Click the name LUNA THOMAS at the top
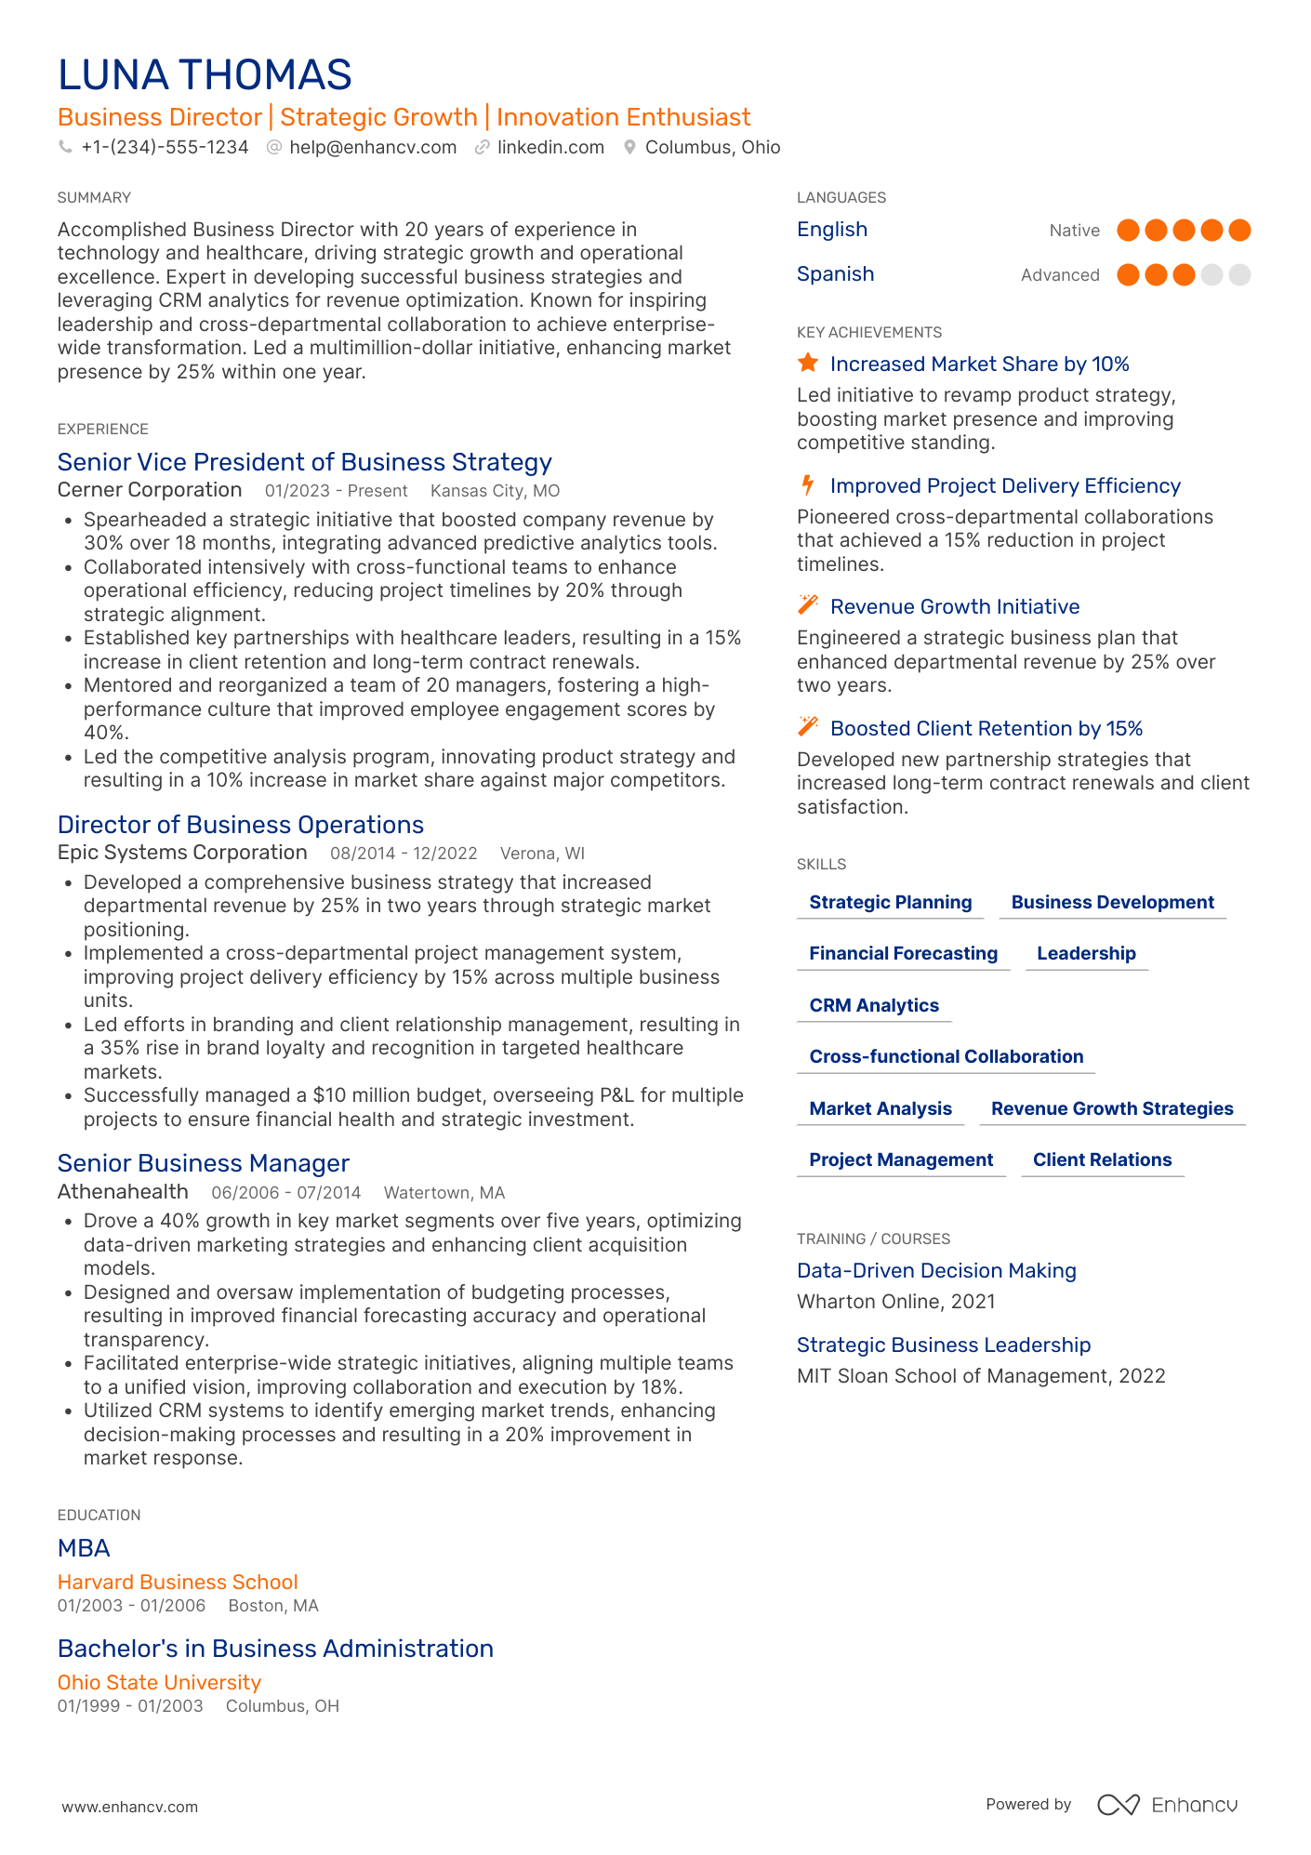(x=205, y=75)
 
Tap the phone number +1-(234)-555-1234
(x=165, y=148)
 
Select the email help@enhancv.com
(x=372, y=148)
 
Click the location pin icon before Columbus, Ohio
(x=629, y=148)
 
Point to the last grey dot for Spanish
(x=1239, y=275)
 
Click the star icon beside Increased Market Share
(x=808, y=364)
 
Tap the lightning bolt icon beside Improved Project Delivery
(x=808, y=485)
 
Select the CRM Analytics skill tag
(x=873, y=1005)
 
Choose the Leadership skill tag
(x=1086, y=953)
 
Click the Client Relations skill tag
(x=1102, y=1159)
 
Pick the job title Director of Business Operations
(x=240, y=825)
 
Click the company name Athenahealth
(x=123, y=1192)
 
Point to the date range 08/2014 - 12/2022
(x=404, y=854)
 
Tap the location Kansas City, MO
(x=495, y=491)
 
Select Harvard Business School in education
(x=178, y=1582)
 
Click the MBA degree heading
(x=84, y=1548)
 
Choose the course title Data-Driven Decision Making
(x=936, y=1270)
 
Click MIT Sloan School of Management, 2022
(x=980, y=1376)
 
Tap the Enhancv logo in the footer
(x=1167, y=1805)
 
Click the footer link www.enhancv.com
(x=130, y=1807)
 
